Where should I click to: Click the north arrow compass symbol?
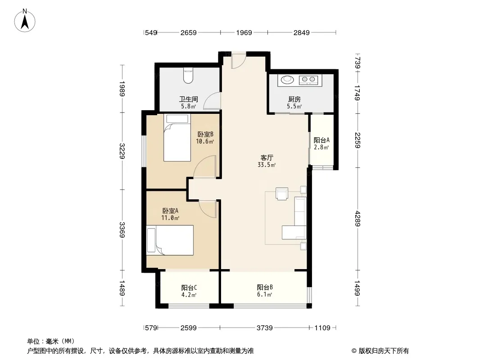(25, 21)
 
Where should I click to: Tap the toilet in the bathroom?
(188, 75)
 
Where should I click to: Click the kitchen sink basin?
(287, 80)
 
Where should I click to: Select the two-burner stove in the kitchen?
(308, 80)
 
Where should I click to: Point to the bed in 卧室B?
(177, 138)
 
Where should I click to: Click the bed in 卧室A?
(170, 240)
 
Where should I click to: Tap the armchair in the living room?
(282, 193)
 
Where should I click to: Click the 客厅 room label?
(267, 158)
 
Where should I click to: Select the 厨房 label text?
(294, 99)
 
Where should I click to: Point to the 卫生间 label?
(188, 99)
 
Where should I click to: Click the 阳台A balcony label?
(322, 140)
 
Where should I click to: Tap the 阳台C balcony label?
(189, 288)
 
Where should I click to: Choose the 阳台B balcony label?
(265, 287)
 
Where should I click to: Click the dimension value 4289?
(357, 219)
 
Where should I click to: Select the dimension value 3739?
(264, 328)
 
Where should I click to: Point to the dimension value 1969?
(244, 32)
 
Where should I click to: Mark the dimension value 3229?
(122, 151)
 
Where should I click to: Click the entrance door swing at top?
(239, 61)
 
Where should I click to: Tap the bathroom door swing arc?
(212, 101)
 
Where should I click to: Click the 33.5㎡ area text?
(267, 165)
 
